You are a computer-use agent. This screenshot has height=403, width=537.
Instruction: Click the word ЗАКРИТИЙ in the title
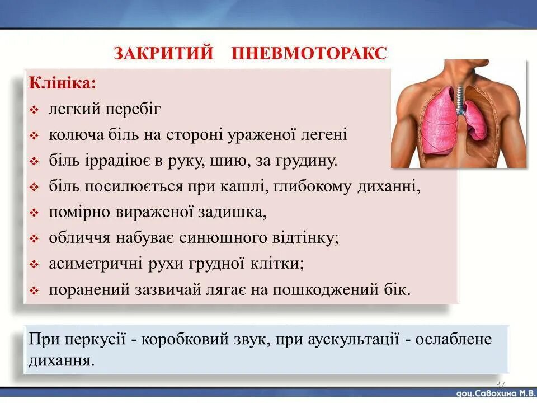(x=163, y=54)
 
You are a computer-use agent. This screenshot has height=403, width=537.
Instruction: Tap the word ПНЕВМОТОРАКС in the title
(x=309, y=54)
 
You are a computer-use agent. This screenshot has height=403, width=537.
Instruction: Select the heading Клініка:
(x=63, y=83)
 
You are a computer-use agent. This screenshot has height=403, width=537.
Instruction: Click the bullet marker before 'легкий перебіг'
(x=34, y=110)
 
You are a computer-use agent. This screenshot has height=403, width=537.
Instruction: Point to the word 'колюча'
(x=70, y=135)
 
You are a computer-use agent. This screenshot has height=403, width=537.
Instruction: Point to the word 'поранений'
(x=89, y=290)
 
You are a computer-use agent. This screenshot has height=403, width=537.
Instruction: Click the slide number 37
(x=500, y=385)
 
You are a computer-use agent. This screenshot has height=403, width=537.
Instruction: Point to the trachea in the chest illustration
(x=460, y=95)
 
